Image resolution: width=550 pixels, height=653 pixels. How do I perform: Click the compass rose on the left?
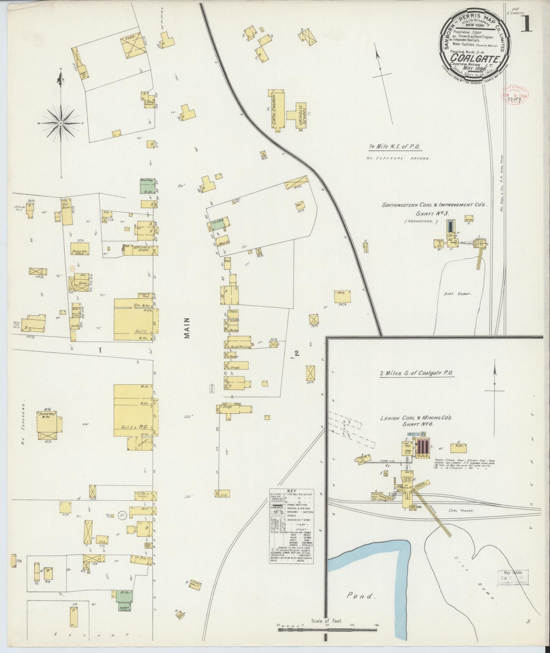coord(61,123)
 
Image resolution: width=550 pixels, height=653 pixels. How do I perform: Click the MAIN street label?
coord(187,328)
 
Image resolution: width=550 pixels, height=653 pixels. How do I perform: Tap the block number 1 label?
coord(100,351)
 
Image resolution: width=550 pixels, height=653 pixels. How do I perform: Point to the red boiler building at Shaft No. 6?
coord(422,447)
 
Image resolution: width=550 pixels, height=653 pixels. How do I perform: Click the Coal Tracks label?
coord(462,510)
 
